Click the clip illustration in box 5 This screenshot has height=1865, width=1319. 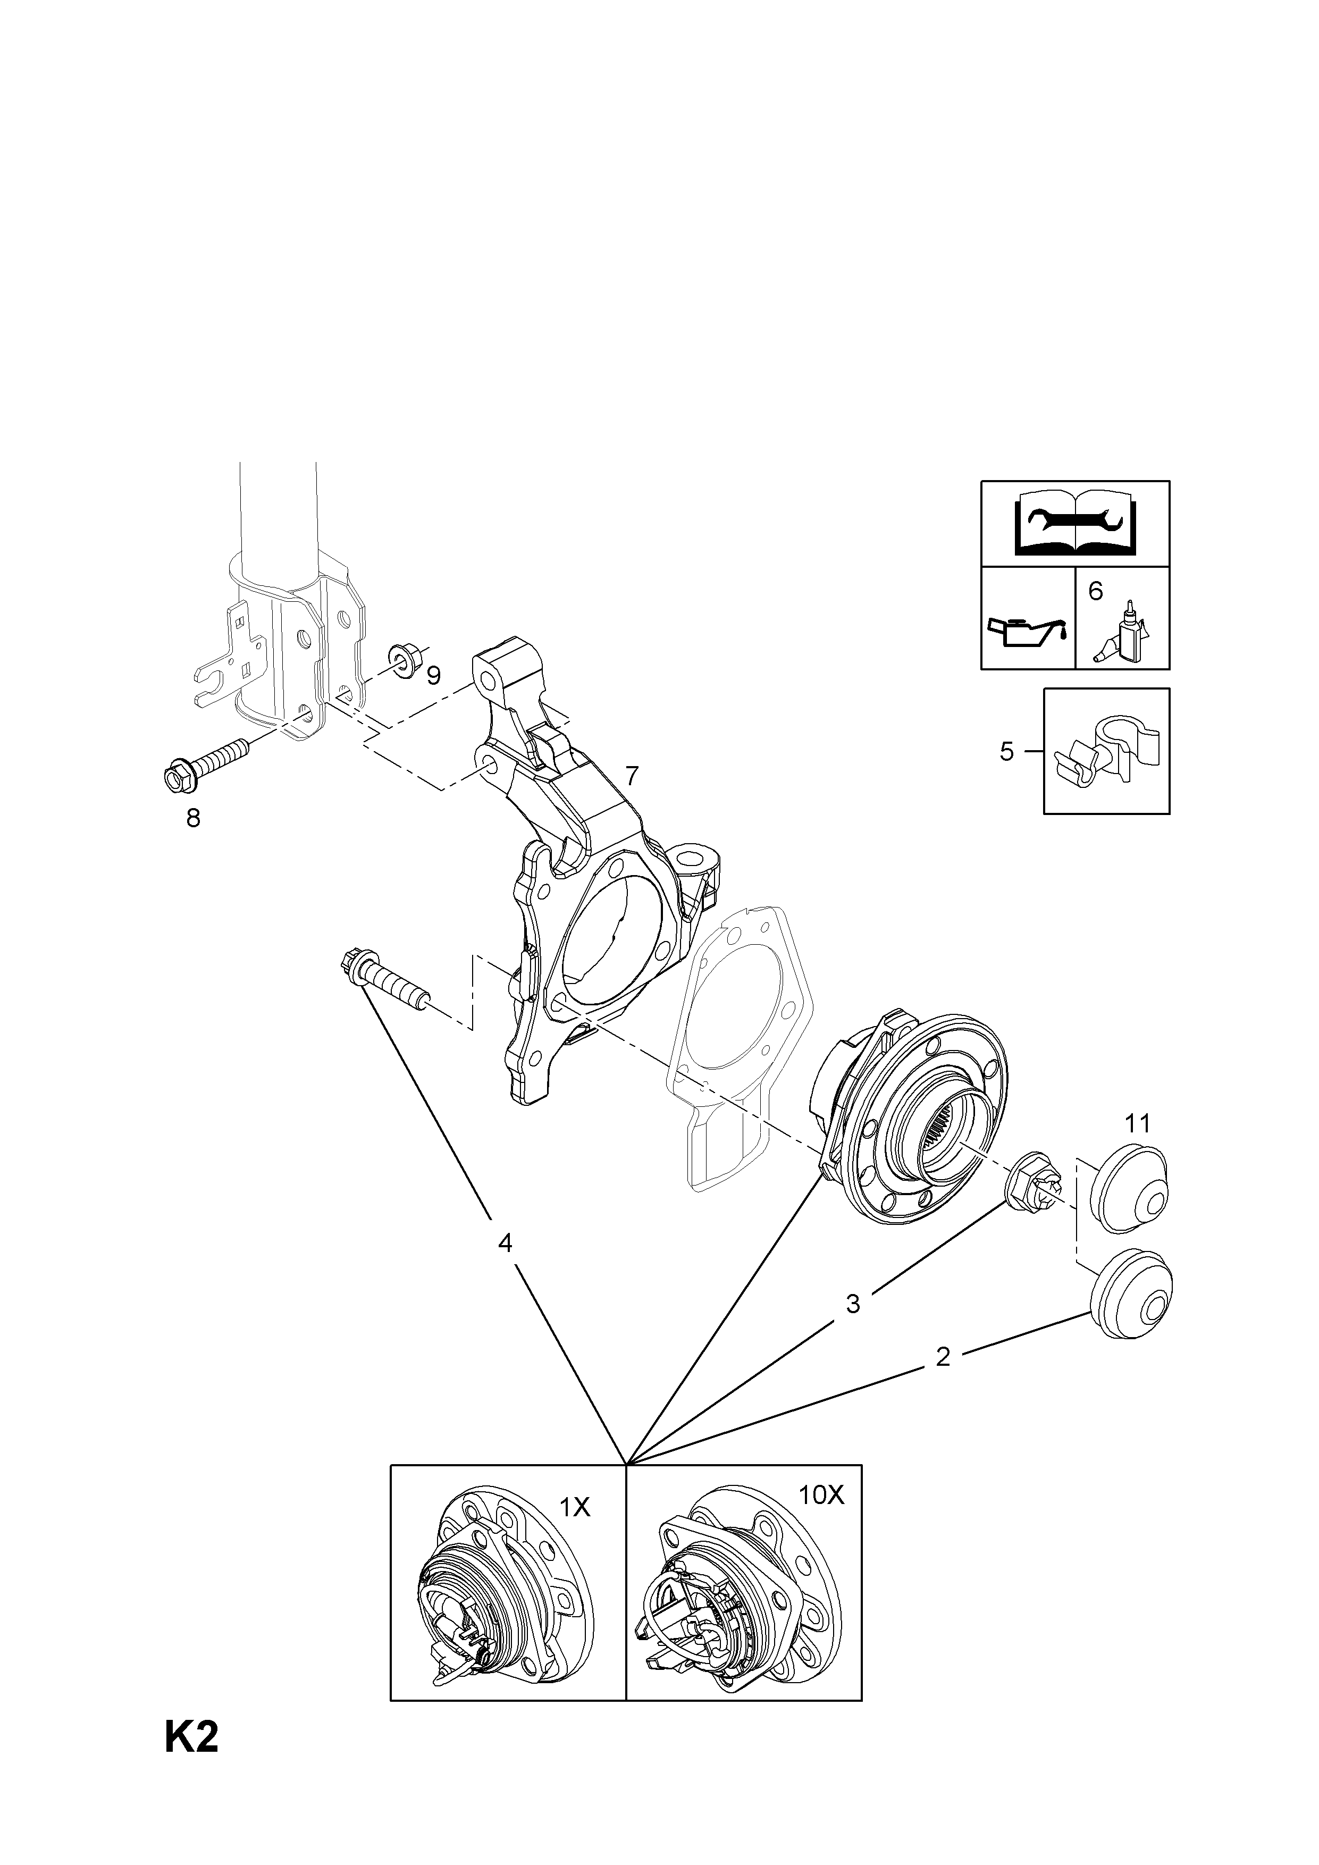pyautogui.click(x=1108, y=751)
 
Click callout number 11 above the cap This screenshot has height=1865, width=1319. pyautogui.click(x=1138, y=1124)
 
